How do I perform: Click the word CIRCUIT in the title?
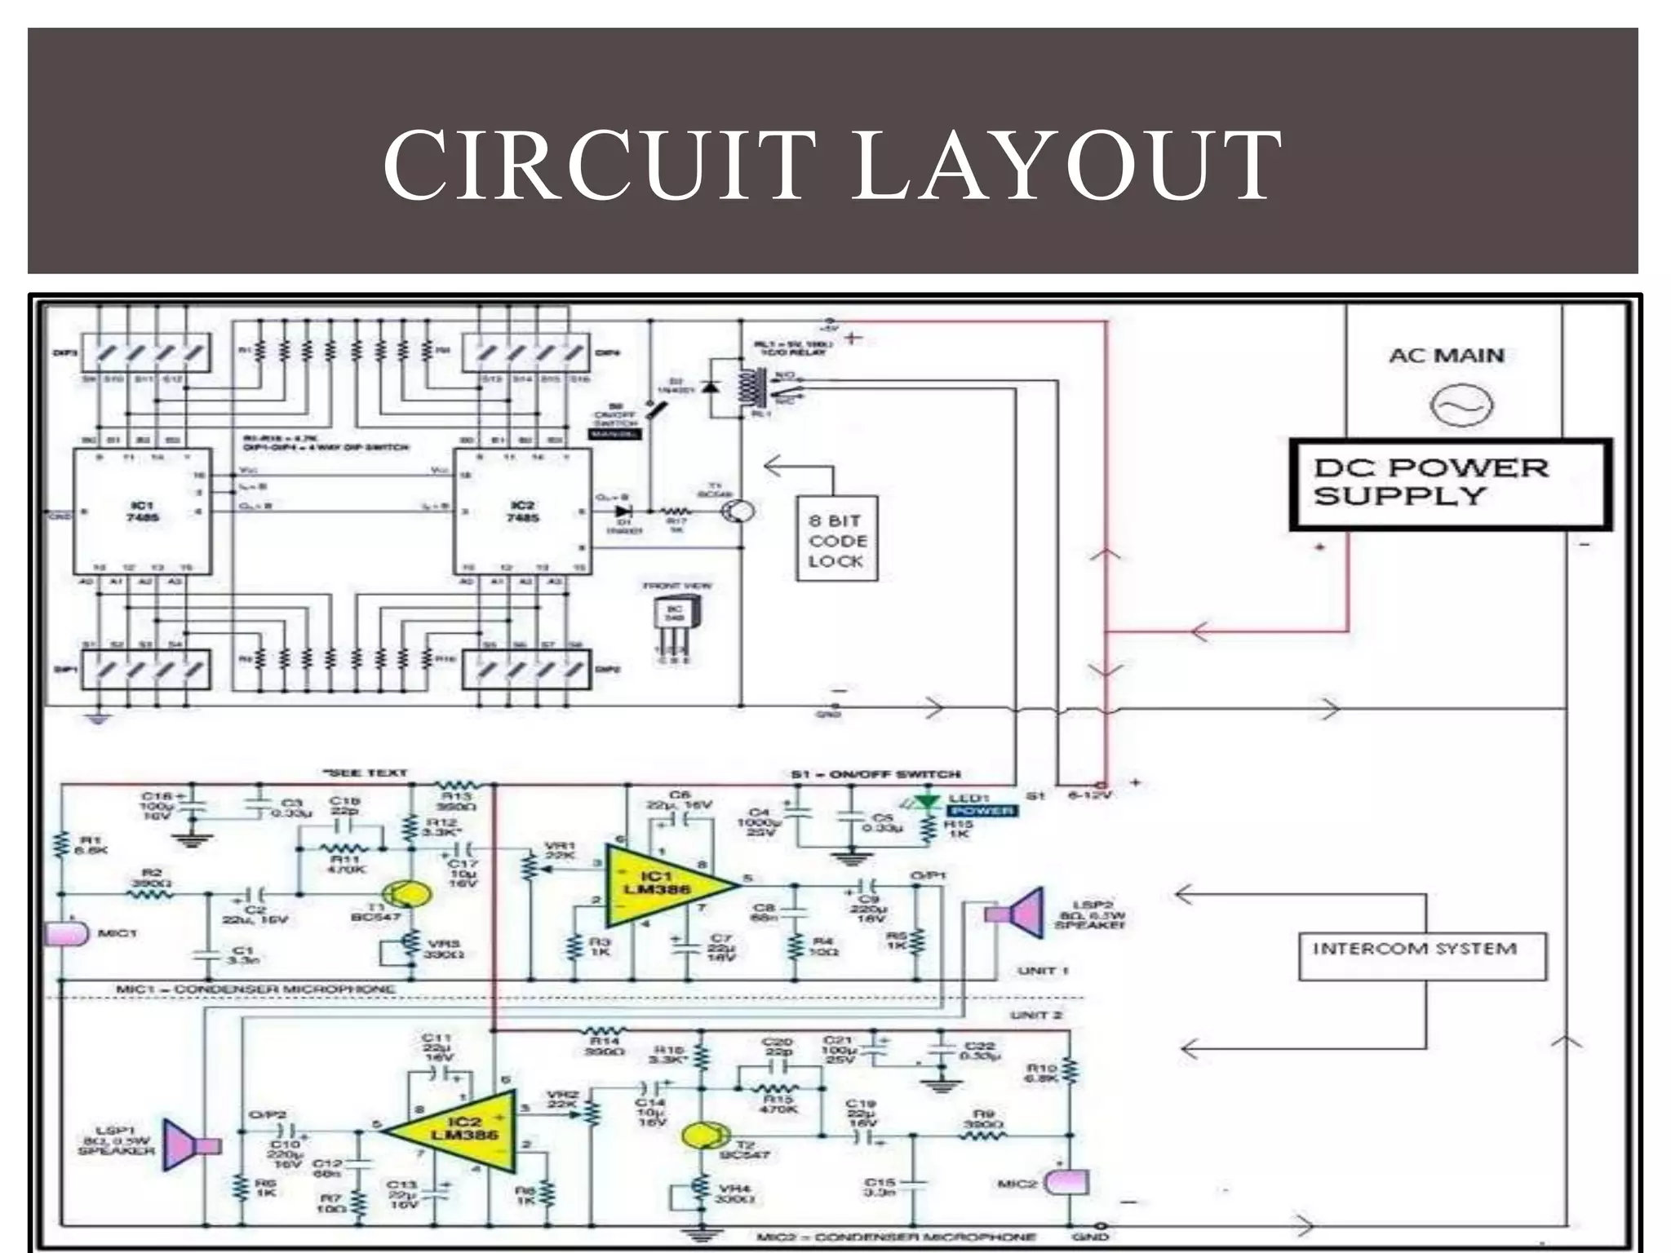coord(600,167)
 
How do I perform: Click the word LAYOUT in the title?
coord(1065,167)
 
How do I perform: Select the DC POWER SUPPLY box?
coord(1450,485)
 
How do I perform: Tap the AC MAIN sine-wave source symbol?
coord(1461,405)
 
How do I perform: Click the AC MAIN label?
coord(1447,356)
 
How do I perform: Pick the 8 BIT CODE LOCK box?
coord(836,539)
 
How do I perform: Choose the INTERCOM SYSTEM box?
coord(1421,956)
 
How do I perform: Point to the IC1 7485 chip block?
coord(143,511)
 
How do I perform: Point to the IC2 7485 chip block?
coord(523,511)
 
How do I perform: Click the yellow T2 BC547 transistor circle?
coord(703,1135)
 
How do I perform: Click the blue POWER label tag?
coord(982,811)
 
